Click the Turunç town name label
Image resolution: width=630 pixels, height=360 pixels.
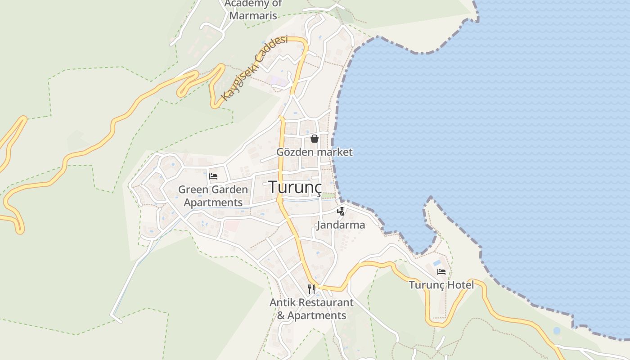[296, 187]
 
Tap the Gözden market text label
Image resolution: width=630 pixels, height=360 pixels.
[314, 152]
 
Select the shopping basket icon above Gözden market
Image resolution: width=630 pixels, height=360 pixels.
[315, 139]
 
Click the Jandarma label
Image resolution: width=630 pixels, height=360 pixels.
[341, 225]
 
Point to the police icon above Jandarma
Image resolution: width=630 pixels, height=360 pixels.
[341, 211]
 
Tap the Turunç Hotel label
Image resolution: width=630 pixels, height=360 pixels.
[441, 285]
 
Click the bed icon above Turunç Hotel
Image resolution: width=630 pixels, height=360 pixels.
[441, 272]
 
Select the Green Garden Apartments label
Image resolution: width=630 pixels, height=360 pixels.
[213, 196]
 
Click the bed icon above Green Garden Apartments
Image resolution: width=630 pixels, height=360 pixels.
[213, 176]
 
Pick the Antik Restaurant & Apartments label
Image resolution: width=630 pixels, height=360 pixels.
[311, 309]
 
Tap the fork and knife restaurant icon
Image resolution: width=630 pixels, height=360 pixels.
[311, 288]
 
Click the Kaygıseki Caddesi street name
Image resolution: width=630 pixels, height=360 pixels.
[254, 68]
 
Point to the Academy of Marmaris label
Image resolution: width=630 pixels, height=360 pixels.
[253, 9]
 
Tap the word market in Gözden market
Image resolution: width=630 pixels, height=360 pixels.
[335, 152]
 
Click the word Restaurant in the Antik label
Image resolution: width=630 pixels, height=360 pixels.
[325, 303]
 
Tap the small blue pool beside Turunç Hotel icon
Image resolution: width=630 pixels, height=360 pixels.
[436, 262]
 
